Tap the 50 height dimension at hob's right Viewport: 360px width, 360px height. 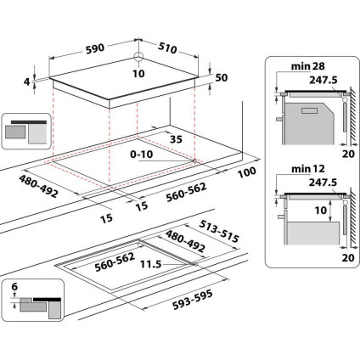click(x=223, y=77)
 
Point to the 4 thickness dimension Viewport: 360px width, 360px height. click(x=27, y=81)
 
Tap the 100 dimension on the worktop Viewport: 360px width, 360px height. click(x=248, y=173)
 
